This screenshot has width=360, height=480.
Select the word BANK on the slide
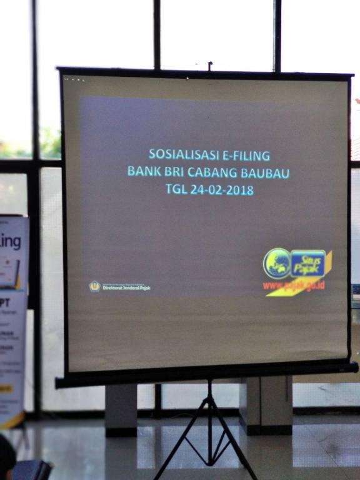143,171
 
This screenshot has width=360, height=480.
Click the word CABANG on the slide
214,171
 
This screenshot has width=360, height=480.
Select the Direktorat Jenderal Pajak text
126,288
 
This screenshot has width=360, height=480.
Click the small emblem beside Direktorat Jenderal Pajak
94,286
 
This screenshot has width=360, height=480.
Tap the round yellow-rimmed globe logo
276,263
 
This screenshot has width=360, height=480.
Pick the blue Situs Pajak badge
308,263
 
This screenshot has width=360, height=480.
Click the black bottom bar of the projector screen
206,374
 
